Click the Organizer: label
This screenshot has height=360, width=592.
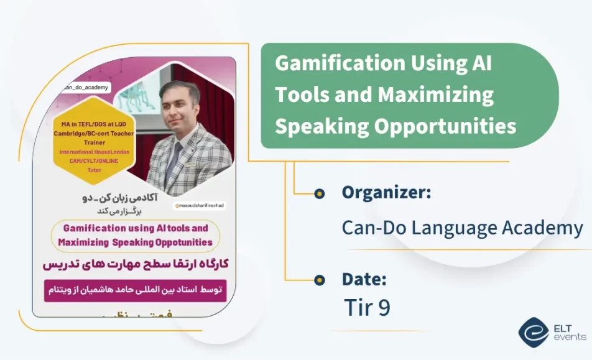(x=386, y=193)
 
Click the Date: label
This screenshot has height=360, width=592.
(x=364, y=279)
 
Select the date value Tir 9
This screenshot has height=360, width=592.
(x=367, y=308)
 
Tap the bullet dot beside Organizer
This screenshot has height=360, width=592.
(x=319, y=193)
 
